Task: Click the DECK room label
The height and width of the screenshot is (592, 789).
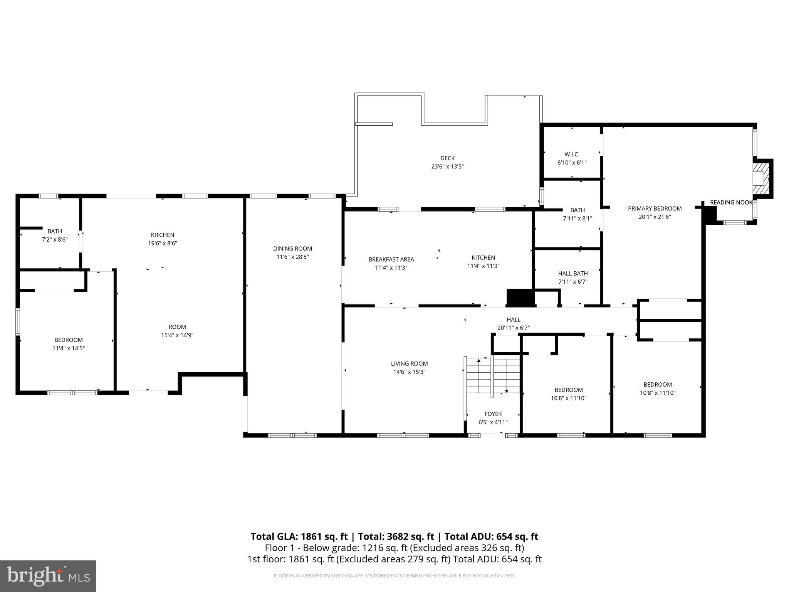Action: pos(447,158)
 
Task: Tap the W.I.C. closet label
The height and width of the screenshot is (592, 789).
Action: pos(572,154)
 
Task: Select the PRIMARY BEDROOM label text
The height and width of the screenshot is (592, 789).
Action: pos(655,209)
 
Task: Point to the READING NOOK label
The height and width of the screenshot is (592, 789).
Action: pos(731,202)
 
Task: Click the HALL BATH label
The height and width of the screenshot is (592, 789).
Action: pos(573,274)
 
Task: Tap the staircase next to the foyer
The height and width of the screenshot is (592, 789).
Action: pos(492,375)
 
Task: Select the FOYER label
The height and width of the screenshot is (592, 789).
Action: pos(493,414)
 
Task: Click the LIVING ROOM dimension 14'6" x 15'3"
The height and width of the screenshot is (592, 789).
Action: pos(409,372)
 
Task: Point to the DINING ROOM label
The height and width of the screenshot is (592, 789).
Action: pos(292,249)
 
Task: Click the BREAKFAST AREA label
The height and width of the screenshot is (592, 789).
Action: pos(391,259)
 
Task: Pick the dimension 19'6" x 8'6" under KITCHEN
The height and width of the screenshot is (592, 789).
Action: pos(163,243)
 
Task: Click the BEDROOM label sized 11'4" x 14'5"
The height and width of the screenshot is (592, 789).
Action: pos(69,340)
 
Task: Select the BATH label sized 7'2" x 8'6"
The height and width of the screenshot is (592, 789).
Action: pos(55,231)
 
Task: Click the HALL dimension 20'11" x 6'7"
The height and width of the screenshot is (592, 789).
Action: pos(514,328)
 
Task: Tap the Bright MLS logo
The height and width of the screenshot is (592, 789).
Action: pos(48,576)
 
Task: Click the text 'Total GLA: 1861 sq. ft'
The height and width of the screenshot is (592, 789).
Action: pos(299,536)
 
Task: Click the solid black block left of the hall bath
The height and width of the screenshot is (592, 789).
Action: pos(520,298)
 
